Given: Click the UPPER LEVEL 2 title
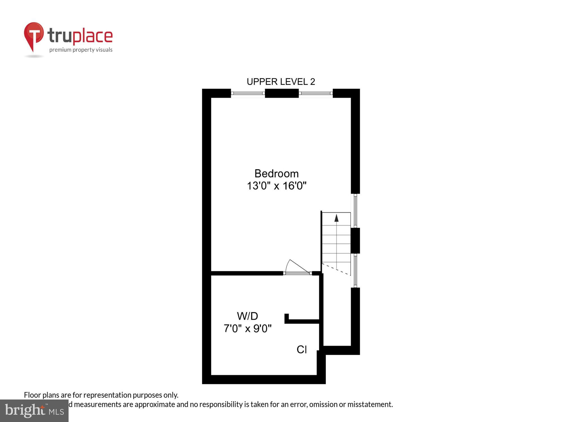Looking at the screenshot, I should click(281, 82).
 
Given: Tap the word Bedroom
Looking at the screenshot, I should click(277, 174).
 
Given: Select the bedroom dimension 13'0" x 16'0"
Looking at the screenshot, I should click(277, 186).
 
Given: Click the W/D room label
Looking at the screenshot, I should click(247, 316).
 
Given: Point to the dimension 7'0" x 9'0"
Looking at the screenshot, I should click(248, 328).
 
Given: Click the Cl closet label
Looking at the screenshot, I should click(302, 349).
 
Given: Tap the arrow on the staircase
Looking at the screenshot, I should click(336, 218).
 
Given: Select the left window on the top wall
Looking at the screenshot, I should click(248, 93).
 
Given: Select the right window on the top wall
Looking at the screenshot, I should click(316, 93).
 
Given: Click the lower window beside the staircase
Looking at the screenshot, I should click(355, 270).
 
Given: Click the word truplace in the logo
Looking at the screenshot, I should click(80, 36).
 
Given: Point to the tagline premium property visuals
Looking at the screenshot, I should click(81, 50).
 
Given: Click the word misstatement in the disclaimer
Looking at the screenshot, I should click(370, 405).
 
